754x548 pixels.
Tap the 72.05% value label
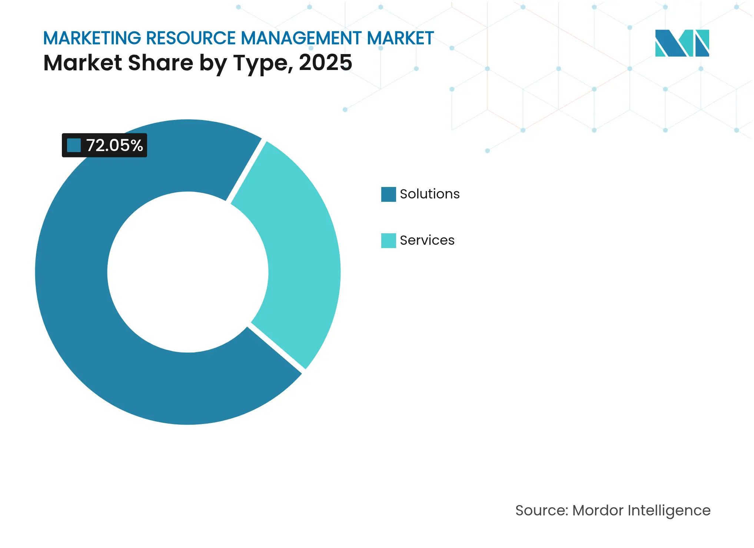pyautogui.click(x=114, y=146)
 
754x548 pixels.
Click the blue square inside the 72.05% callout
pyautogui.click(x=74, y=146)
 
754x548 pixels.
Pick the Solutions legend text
pyautogui.click(x=429, y=194)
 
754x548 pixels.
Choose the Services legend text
pyautogui.click(x=427, y=240)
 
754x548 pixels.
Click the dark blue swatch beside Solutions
pyautogui.click(x=388, y=194)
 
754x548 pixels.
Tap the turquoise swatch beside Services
pyautogui.click(x=388, y=241)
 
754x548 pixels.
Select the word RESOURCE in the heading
pyautogui.click(x=190, y=38)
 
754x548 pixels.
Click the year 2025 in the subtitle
pyautogui.click(x=325, y=63)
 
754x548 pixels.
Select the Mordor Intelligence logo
pyautogui.click(x=682, y=43)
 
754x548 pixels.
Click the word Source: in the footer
pyautogui.click(x=541, y=511)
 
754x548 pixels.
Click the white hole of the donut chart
pyautogui.click(x=188, y=272)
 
